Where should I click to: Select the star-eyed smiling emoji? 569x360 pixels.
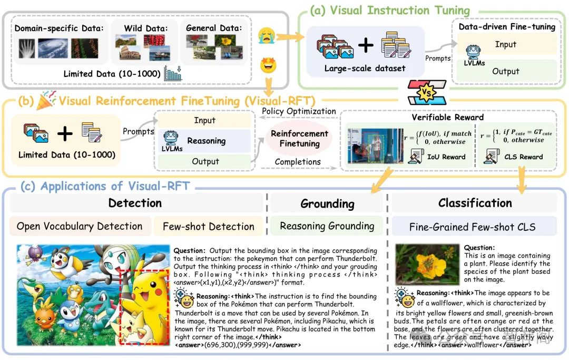click(269, 66)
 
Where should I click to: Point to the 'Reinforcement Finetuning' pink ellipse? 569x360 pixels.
click(299, 139)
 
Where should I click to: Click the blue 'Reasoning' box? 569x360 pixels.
click(206, 141)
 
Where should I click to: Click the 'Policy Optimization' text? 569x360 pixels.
click(299, 111)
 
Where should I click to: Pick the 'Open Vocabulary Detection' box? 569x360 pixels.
click(80, 226)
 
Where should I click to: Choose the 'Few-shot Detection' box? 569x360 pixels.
click(208, 227)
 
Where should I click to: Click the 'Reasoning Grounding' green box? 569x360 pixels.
click(327, 226)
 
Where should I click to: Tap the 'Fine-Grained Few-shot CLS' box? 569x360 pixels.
click(473, 227)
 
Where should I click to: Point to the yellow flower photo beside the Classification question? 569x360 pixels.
click(427, 264)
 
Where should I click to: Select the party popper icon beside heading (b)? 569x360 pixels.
click(46, 100)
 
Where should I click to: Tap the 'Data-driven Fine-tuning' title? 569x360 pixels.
click(507, 27)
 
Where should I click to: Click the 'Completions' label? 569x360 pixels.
click(298, 161)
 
